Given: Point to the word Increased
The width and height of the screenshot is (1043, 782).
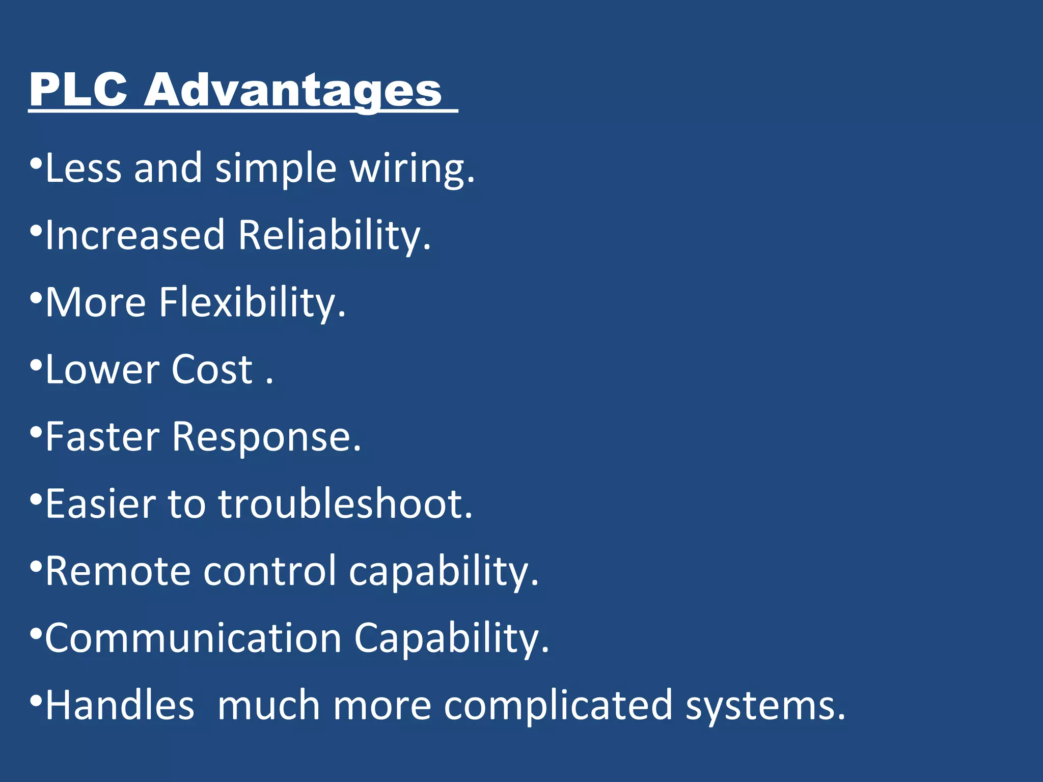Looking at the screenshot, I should (135, 235).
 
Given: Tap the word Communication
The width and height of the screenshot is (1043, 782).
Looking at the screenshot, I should (194, 638).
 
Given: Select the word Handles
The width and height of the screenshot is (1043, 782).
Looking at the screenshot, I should (120, 706).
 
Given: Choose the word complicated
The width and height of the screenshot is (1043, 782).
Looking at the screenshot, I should (558, 706).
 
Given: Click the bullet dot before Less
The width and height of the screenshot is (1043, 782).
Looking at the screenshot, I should (35, 164).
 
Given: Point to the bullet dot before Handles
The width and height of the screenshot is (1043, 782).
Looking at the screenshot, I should (35, 701).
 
